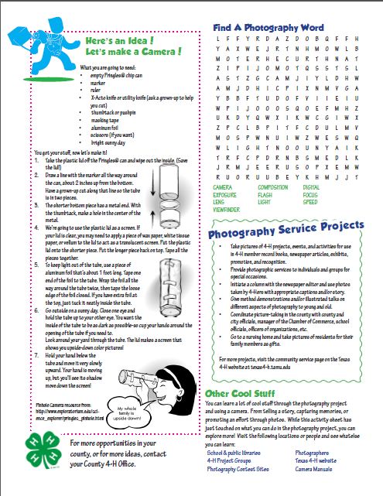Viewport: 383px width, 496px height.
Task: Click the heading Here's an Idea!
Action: point(115,40)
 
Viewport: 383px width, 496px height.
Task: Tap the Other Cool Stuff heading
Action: point(240,393)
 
